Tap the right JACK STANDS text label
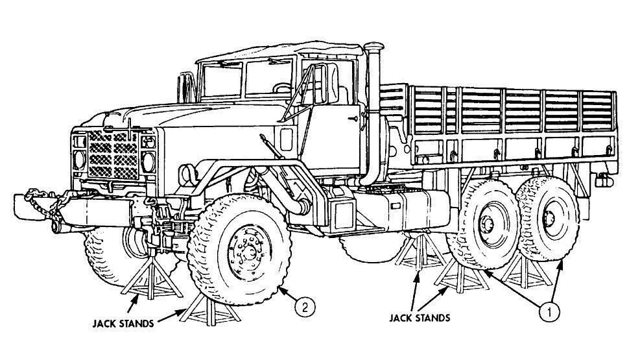(x=419, y=318)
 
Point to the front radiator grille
(x=113, y=156)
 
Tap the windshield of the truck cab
(x=246, y=78)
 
